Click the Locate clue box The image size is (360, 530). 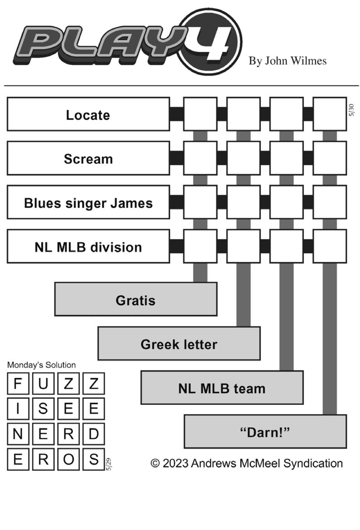click(88, 114)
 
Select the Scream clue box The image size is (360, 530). click(88, 158)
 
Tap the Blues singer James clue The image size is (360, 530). click(88, 202)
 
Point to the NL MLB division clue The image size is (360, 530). click(88, 246)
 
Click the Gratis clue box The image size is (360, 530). click(136, 300)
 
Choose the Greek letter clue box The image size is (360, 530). click(179, 343)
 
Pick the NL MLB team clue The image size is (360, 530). click(222, 388)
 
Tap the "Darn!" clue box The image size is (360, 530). click(265, 432)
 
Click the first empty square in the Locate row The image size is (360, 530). click(200, 114)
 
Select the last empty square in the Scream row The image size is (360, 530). click(330, 158)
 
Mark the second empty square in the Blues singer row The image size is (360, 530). click(243, 202)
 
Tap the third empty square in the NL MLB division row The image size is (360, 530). click(287, 246)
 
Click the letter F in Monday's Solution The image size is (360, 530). click(18, 384)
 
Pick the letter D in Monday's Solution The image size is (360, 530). click(94, 434)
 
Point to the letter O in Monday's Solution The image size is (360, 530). click(68, 459)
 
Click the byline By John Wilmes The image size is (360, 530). click(287, 61)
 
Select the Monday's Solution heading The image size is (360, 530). click(41, 365)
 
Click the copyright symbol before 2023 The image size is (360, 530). click(155, 463)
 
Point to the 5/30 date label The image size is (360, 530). click(351, 110)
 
